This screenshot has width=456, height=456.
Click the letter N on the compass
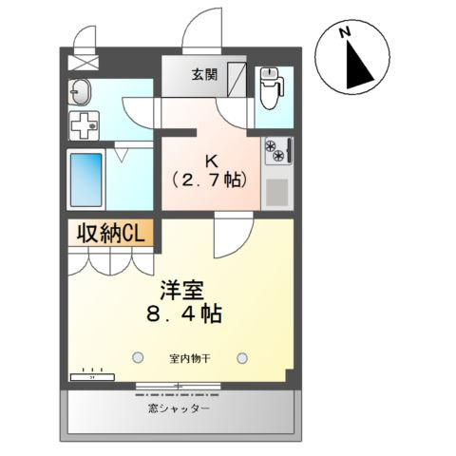(x=348, y=34)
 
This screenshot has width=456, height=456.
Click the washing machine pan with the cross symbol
(x=85, y=124)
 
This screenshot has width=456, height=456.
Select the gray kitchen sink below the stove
(x=277, y=193)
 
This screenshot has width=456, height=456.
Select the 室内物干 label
(x=191, y=358)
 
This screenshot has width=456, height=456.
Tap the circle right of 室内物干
(x=244, y=358)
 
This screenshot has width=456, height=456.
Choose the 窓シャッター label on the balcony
(x=180, y=409)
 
